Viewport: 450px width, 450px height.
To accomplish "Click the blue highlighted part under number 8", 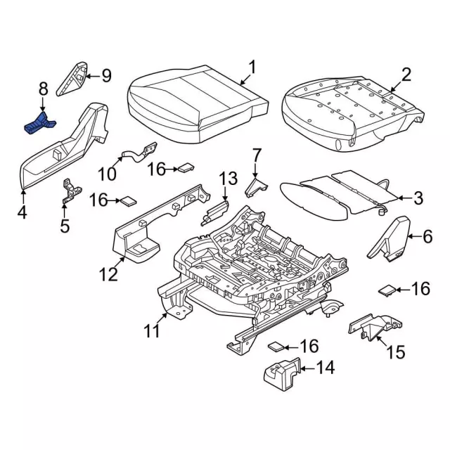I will click(x=41, y=124).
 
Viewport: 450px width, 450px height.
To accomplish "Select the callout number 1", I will click(x=252, y=68).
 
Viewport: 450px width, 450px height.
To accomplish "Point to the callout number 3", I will click(x=418, y=198).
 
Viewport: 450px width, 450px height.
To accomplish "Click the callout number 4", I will click(x=22, y=211).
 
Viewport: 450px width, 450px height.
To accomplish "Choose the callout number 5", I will click(x=65, y=226).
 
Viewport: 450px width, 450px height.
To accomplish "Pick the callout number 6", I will click(x=427, y=238).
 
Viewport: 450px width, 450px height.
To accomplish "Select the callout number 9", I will click(x=106, y=75).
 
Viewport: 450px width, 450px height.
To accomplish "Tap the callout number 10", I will click(x=105, y=173).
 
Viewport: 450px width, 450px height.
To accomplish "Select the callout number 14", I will click(x=326, y=367).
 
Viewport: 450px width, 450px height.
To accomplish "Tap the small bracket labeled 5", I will click(x=70, y=191).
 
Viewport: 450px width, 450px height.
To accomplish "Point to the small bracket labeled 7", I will click(x=255, y=186).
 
